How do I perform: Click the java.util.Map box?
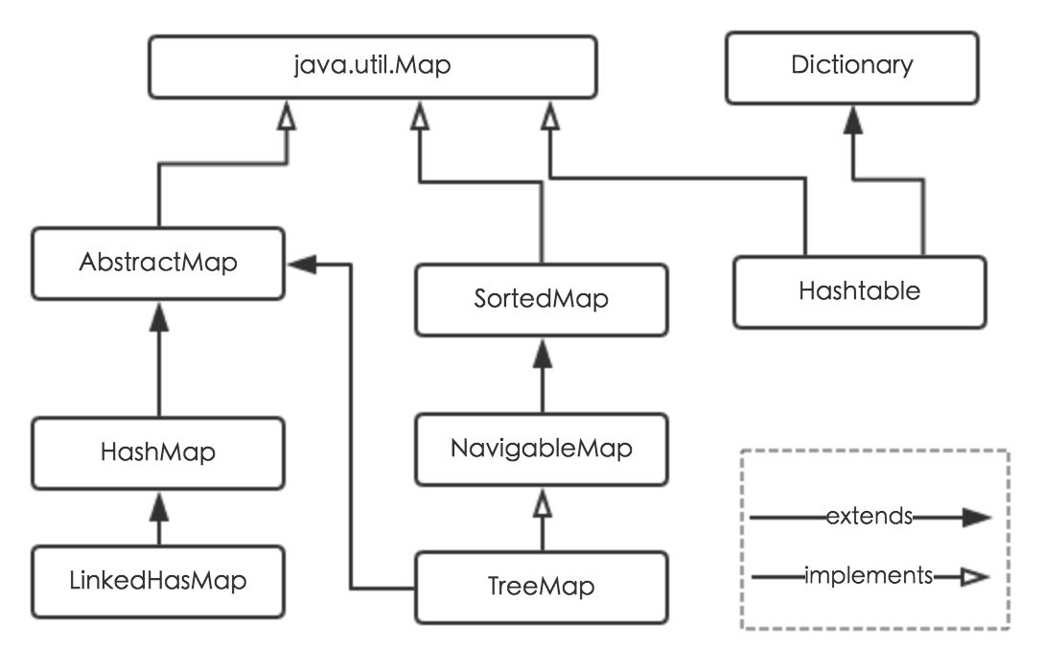pos(372,66)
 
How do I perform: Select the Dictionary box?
pos(852,66)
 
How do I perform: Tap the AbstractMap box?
pos(158,263)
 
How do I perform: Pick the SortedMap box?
pos(542,298)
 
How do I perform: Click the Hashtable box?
pos(860,290)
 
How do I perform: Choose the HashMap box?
pos(158,451)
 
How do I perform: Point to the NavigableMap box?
pos(542,448)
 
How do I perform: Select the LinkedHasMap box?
pos(158,580)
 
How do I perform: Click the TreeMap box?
pos(542,586)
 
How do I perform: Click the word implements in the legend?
pos(869,576)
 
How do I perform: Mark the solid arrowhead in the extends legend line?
pos(975,518)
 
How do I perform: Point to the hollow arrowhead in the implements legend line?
pos(974,577)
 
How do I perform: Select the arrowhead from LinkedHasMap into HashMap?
pos(158,501)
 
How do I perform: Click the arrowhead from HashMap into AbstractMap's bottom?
pos(158,313)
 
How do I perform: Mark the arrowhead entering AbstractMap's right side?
pos(301,264)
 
